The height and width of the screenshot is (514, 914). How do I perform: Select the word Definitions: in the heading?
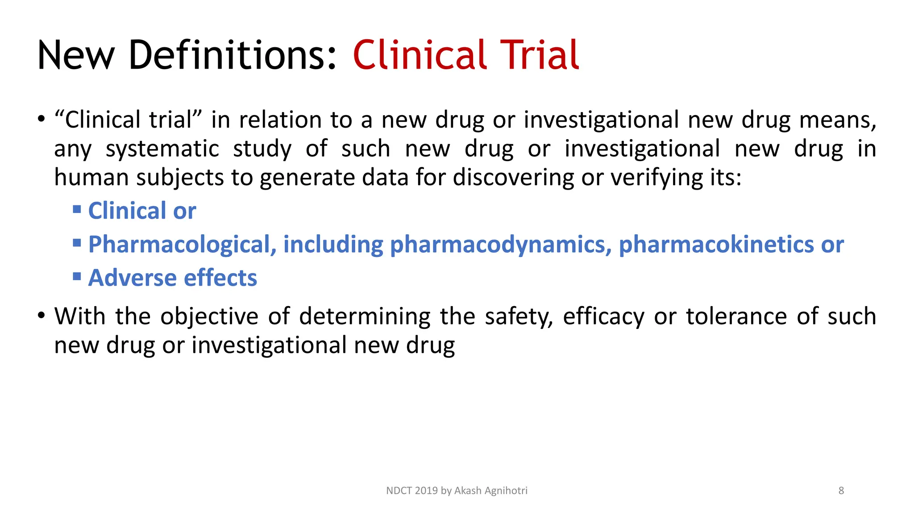[x=232, y=55]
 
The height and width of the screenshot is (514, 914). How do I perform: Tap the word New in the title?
[x=76, y=55]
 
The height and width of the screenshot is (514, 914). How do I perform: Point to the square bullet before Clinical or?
[x=77, y=209]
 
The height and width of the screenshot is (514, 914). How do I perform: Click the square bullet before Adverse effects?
[x=77, y=277]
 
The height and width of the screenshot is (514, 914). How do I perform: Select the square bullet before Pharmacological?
[x=77, y=243]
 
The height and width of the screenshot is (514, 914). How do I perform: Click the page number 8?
[x=841, y=491]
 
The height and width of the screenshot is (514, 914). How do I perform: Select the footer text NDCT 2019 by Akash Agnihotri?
[x=457, y=491]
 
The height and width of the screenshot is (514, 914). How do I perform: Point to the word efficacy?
[x=603, y=317]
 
